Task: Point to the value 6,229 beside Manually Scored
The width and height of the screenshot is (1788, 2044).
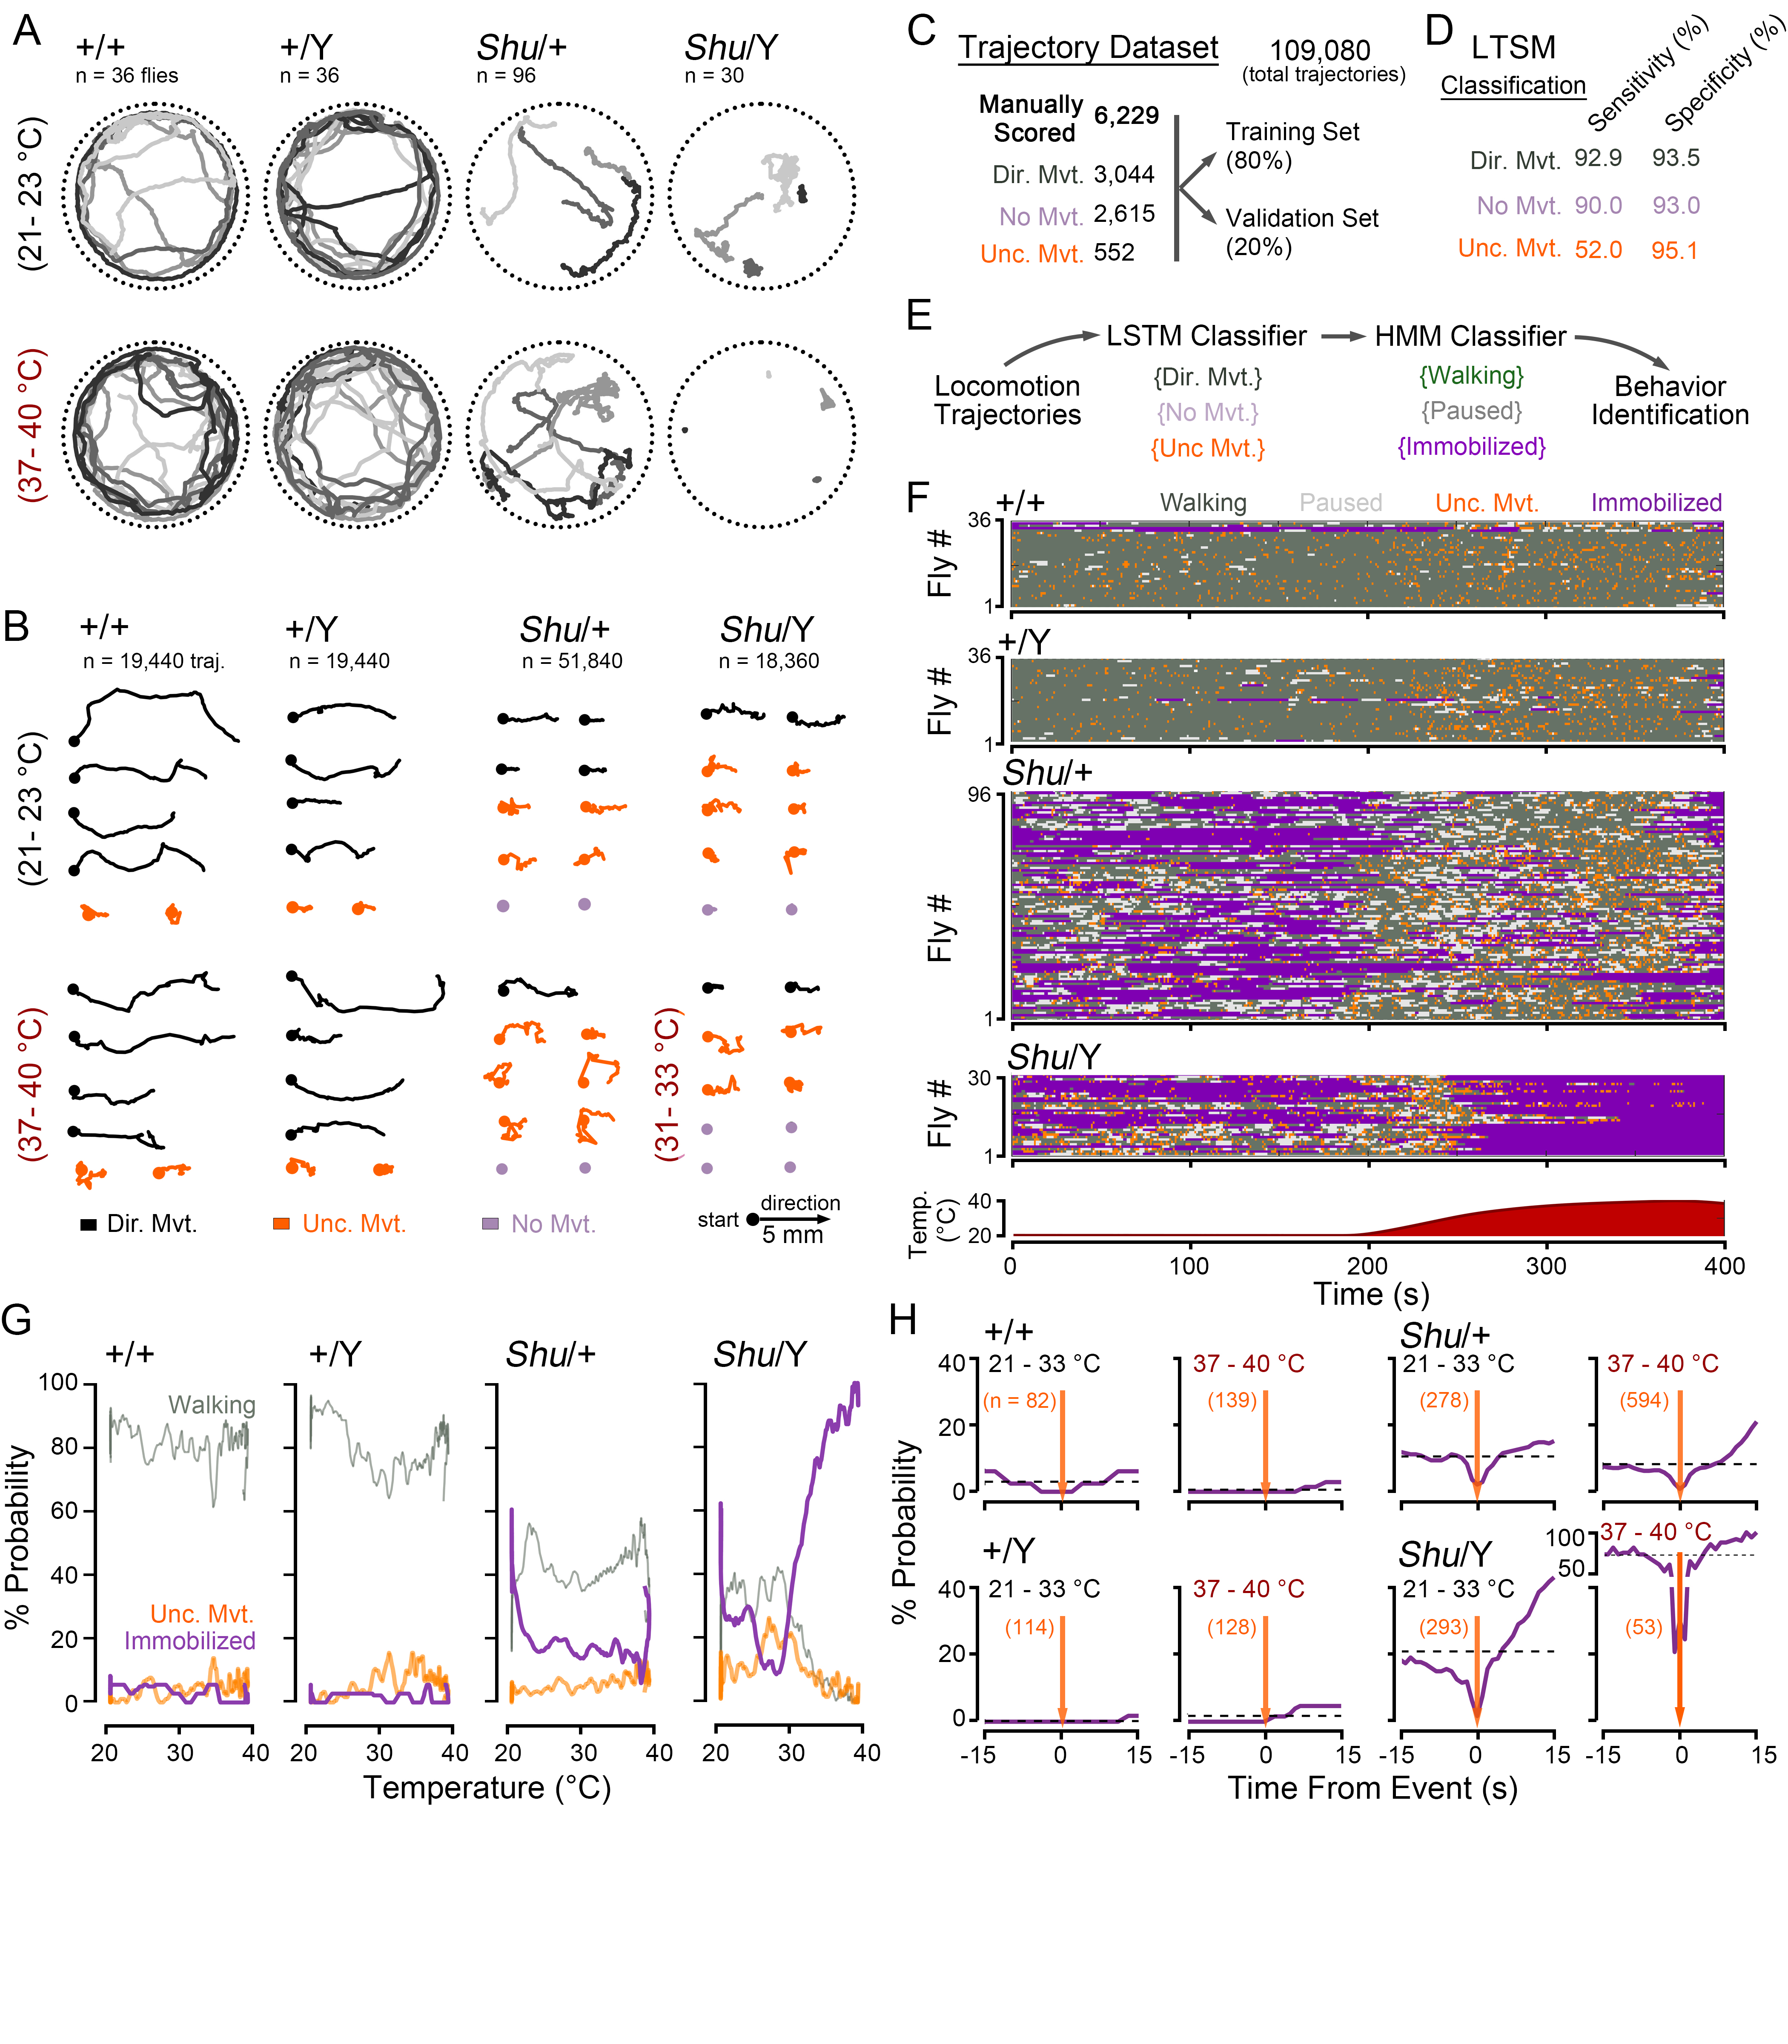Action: pos(1126,116)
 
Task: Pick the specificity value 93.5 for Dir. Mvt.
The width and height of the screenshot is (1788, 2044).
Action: pos(1675,158)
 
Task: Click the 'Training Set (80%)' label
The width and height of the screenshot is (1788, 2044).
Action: pos(1292,146)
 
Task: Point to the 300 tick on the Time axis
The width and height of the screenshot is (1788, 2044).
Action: pos(1545,1266)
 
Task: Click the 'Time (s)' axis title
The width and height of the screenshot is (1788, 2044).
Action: pos(1371,1295)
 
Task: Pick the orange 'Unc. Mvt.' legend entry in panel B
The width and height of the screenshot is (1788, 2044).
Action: pos(353,1225)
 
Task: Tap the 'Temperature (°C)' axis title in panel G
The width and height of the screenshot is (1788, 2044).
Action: pos(486,1788)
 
